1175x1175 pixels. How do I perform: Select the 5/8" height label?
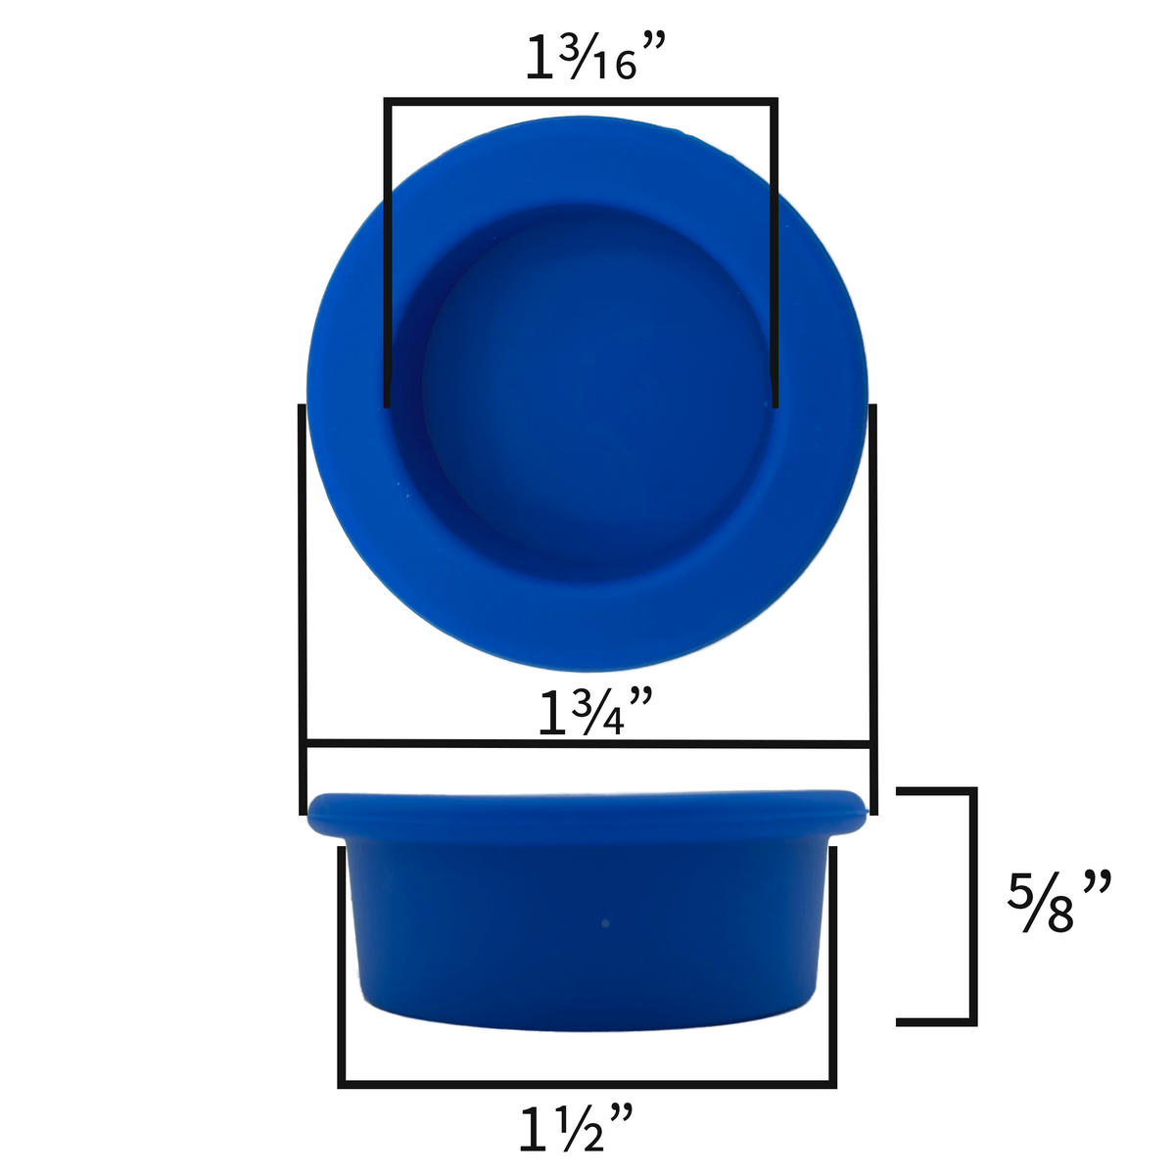tap(1059, 902)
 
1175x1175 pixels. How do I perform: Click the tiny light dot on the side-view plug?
tap(605, 923)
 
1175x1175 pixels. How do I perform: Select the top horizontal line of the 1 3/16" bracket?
tap(582, 100)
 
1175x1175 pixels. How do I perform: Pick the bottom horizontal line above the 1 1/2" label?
tap(587, 1084)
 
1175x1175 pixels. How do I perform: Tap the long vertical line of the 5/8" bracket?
tap(973, 906)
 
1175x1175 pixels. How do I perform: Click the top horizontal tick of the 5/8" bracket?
tap(935, 789)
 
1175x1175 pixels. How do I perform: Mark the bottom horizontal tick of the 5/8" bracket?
tap(935, 1022)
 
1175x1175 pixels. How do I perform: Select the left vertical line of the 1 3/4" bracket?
tap(302, 607)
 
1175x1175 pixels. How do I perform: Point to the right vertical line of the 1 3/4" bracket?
tap(872, 607)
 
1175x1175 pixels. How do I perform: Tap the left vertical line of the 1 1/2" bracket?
tap(342, 964)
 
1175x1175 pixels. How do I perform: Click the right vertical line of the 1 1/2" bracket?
tap(833, 964)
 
